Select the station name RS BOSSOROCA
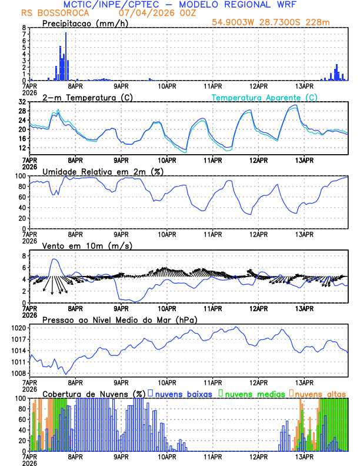(55, 12)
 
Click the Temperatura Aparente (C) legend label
(265, 97)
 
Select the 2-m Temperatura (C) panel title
(88, 97)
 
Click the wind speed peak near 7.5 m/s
(54, 259)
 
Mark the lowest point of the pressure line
(66, 374)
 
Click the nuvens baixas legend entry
(180, 393)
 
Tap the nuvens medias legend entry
(253, 393)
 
